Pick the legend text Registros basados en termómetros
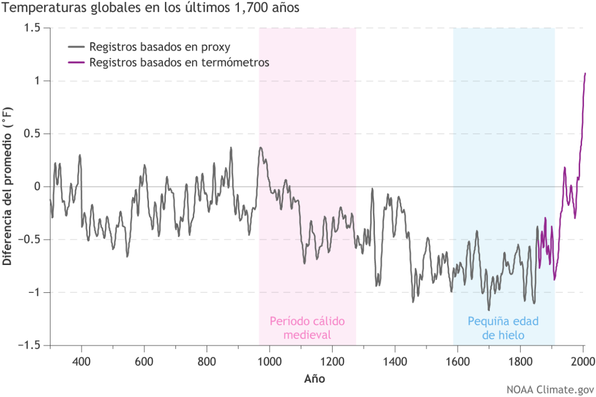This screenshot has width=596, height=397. tap(179, 63)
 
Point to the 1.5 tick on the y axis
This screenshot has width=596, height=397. tap(33, 28)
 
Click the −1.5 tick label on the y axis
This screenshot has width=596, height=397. tap(30, 345)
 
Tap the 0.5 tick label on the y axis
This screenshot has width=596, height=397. tap(33, 134)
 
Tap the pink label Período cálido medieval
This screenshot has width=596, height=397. tap(307, 328)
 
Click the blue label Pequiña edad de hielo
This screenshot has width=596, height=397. tap(504, 328)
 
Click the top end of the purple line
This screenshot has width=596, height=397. tap(585, 73)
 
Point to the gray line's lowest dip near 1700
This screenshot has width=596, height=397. tap(489, 310)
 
